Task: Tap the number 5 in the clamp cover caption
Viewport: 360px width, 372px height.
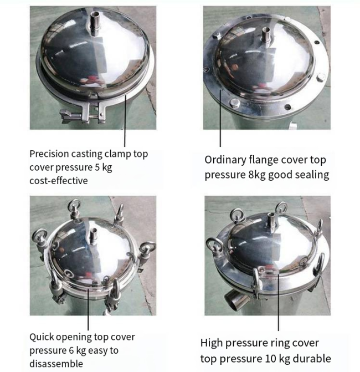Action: pos(97,167)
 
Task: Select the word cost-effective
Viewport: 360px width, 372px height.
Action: pos(59,181)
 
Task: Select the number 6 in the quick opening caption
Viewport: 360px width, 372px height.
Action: pos(71,350)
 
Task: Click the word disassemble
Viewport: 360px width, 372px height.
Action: pos(56,364)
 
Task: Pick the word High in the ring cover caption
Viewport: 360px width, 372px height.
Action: pos(212,343)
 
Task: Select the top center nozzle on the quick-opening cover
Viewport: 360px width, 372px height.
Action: pos(94,236)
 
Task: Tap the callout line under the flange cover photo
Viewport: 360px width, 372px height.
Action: pos(220,118)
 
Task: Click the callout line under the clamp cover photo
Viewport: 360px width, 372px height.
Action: pos(125,120)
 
